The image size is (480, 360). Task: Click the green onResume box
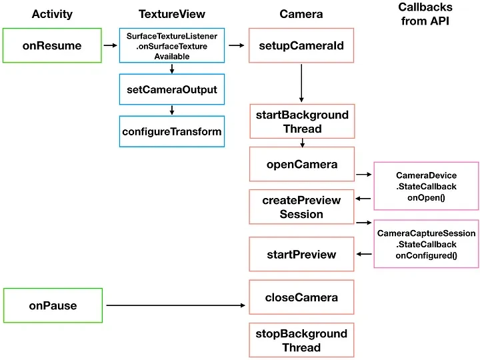tap(53, 45)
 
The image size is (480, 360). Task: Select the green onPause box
tap(53, 306)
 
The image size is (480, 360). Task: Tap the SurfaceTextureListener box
tap(172, 45)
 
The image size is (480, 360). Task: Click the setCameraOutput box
tap(172, 89)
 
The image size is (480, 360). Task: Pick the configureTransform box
tap(172, 131)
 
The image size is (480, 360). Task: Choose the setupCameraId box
tap(301, 45)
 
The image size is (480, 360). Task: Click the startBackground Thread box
tap(302, 121)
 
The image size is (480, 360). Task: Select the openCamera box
tap(302, 164)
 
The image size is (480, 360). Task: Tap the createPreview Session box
tap(301, 207)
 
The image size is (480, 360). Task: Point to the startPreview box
tap(301, 255)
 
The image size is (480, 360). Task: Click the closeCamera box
tap(301, 297)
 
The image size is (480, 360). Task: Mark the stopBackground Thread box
tap(301, 341)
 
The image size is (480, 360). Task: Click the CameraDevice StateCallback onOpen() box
tap(426, 186)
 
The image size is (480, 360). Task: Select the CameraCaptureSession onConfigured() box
tap(426, 244)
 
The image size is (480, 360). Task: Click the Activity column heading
tap(52, 14)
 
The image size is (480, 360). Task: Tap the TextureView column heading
tap(172, 14)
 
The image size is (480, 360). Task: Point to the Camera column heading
tap(301, 14)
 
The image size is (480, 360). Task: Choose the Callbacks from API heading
tap(425, 13)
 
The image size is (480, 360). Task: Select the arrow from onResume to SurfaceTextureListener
tap(110, 45)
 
